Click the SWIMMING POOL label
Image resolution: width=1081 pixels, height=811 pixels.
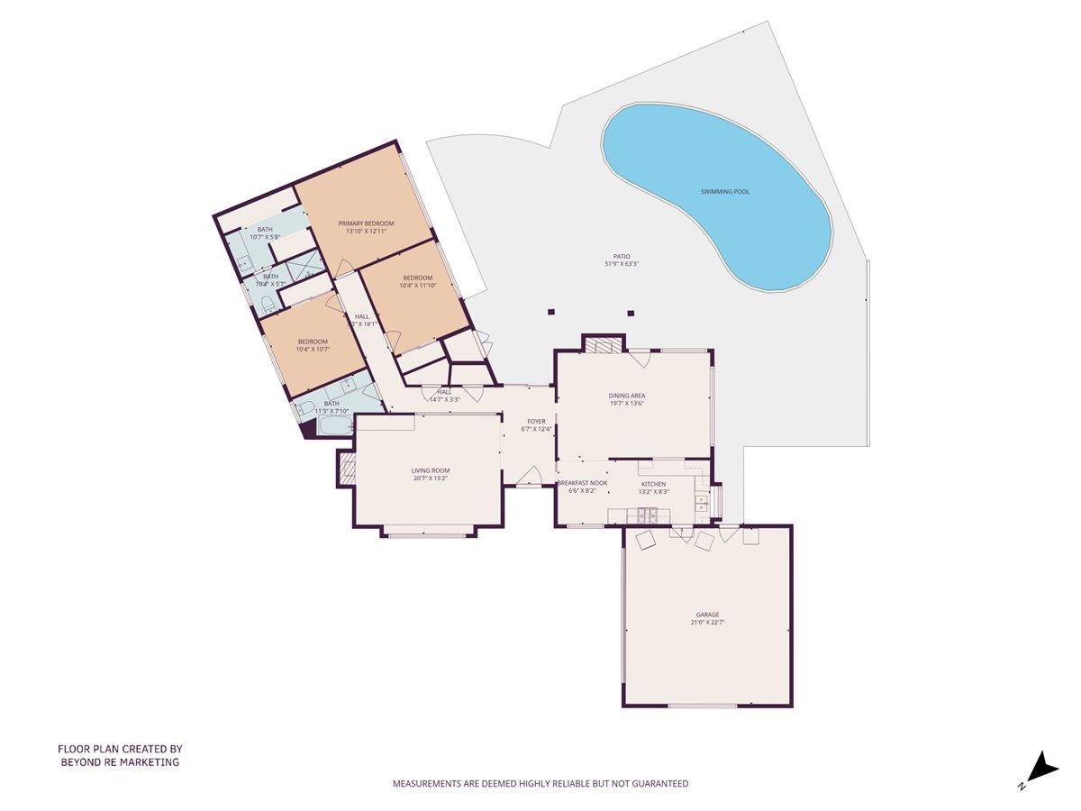click(725, 192)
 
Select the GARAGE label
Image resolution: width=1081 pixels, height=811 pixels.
click(707, 615)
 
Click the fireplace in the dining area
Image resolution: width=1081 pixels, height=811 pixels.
click(603, 344)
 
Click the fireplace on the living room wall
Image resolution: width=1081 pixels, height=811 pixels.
click(346, 467)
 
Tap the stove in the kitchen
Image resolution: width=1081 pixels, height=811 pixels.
click(647, 516)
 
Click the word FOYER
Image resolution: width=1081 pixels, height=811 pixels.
click(537, 421)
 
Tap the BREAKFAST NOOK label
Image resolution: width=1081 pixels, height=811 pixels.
click(582, 484)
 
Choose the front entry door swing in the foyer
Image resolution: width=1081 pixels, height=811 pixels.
click(531, 475)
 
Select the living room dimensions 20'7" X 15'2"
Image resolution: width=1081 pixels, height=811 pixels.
click(431, 478)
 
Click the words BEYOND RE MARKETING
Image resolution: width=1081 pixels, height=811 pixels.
click(120, 762)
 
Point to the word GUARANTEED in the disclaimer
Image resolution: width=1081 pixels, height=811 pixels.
click(658, 784)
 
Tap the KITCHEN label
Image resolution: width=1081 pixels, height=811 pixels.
click(654, 485)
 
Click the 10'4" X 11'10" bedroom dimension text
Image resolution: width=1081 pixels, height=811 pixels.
click(417, 286)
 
